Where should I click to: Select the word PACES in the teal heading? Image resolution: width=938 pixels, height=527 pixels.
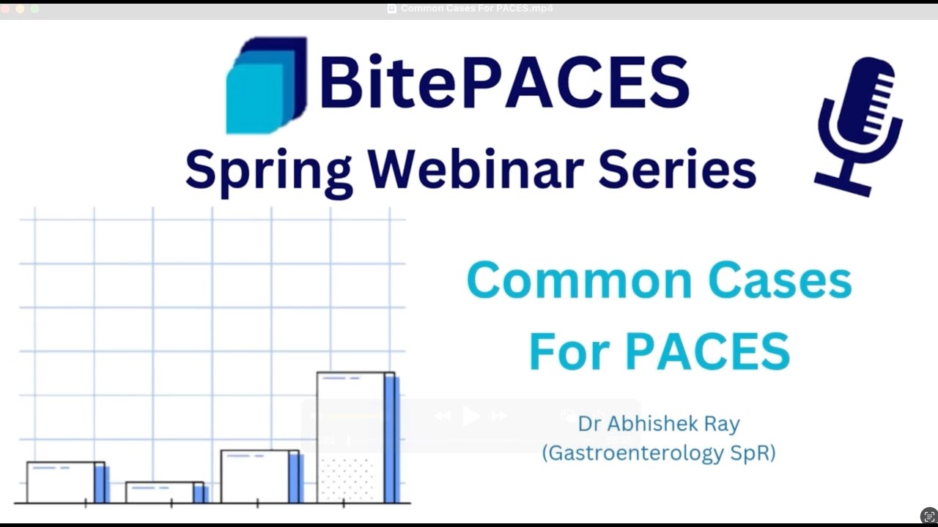point(708,351)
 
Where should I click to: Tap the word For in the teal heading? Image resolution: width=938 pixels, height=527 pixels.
point(570,351)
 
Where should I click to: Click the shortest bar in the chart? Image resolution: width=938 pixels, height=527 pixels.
point(164,492)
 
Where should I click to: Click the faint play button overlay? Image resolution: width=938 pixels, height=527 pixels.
point(471,416)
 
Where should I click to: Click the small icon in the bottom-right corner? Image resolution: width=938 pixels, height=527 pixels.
point(929,515)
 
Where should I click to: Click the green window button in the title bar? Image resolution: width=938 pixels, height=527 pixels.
point(34,9)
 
